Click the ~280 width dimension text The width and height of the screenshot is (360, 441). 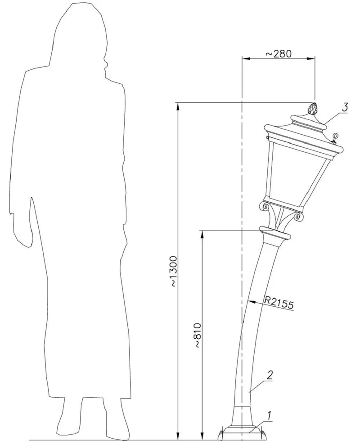279,54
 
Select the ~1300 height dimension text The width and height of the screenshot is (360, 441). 174,272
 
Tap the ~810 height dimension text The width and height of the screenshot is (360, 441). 198,335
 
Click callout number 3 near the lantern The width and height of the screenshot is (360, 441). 345,107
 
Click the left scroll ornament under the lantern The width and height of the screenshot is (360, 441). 265,206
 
